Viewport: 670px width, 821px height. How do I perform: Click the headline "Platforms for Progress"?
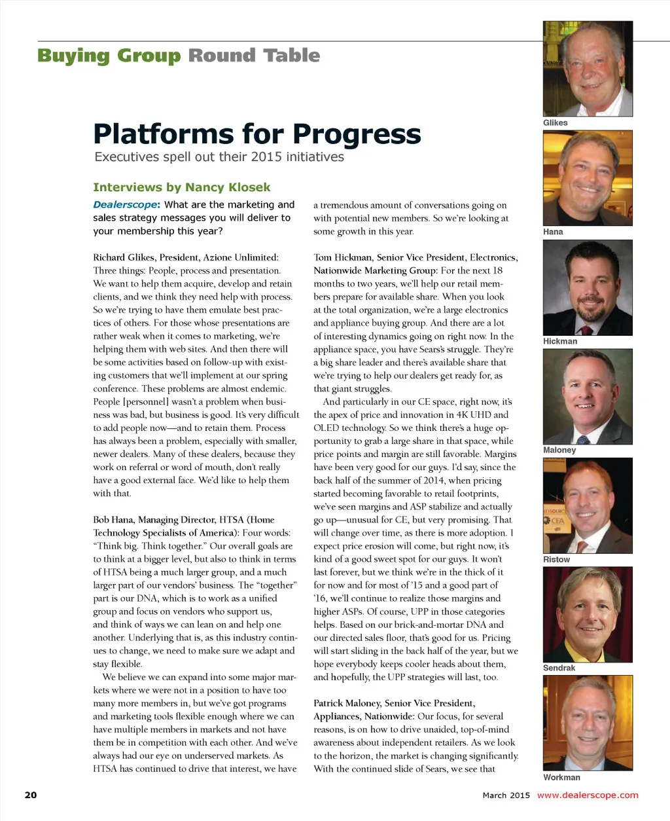coord(256,134)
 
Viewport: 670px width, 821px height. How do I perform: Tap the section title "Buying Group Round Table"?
coord(179,56)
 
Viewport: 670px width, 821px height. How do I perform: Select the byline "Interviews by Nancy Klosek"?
coord(181,187)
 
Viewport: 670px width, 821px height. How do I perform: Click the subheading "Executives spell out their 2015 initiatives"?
coord(219,157)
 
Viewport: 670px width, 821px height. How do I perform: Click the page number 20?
coord(31,795)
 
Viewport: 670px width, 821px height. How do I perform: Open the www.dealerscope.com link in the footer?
coord(587,795)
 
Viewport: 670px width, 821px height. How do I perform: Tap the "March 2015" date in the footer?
coord(506,795)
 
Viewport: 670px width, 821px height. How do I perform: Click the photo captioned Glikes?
coord(588,69)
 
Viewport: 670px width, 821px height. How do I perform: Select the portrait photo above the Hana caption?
coord(588,178)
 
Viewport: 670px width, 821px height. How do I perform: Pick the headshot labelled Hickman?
coord(588,287)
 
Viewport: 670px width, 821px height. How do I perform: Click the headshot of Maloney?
coord(588,397)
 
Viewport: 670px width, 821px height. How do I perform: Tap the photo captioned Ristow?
coord(588,505)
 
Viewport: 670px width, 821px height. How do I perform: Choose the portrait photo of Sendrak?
coord(588,615)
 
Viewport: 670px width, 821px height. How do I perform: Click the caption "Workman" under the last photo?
coord(561,777)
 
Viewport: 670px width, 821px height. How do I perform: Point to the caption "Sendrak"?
coord(559,668)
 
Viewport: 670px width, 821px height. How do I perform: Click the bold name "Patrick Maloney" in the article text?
coord(346,703)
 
